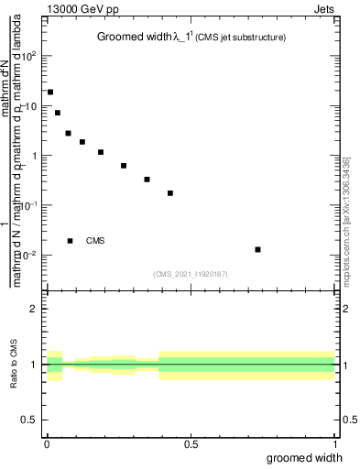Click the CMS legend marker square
(71, 241)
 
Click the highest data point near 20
(50, 93)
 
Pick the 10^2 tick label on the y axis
(31, 57)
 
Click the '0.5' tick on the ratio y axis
(29, 420)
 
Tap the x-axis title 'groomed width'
(305, 457)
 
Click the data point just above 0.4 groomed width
(170, 193)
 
